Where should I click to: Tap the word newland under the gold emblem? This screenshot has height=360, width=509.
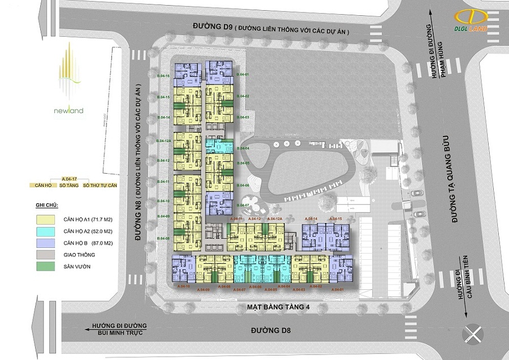pyautogui.click(x=71, y=110)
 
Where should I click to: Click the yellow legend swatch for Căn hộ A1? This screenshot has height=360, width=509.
pyautogui.click(x=47, y=217)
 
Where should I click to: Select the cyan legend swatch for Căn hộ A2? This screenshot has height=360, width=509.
pyautogui.click(x=47, y=231)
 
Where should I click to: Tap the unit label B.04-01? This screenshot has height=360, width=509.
pyautogui.click(x=243, y=75)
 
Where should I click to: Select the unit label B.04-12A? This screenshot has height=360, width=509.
pyautogui.click(x=164, y=140)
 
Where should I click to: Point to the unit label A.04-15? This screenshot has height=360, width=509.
pyautogui.click(x=335, y=218)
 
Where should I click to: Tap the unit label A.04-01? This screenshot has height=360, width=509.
pyautogui.click(x=338, y=290)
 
